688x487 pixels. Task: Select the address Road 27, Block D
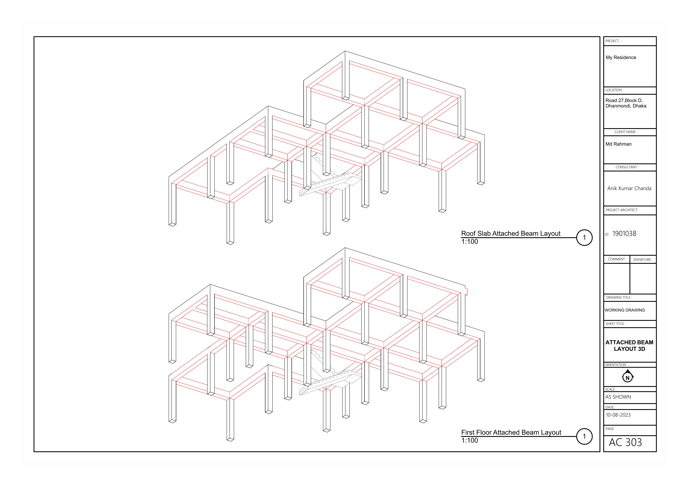pos(624,101)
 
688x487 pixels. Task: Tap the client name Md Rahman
pos(618,144)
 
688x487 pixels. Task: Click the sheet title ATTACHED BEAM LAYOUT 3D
pos(629,345)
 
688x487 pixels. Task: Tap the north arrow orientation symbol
pos(628,377)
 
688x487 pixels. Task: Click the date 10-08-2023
pos(618,415)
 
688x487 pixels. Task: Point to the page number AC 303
pos(625,442)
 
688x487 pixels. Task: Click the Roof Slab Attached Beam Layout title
pos(511,233)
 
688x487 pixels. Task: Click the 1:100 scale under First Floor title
pos(470,440)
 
